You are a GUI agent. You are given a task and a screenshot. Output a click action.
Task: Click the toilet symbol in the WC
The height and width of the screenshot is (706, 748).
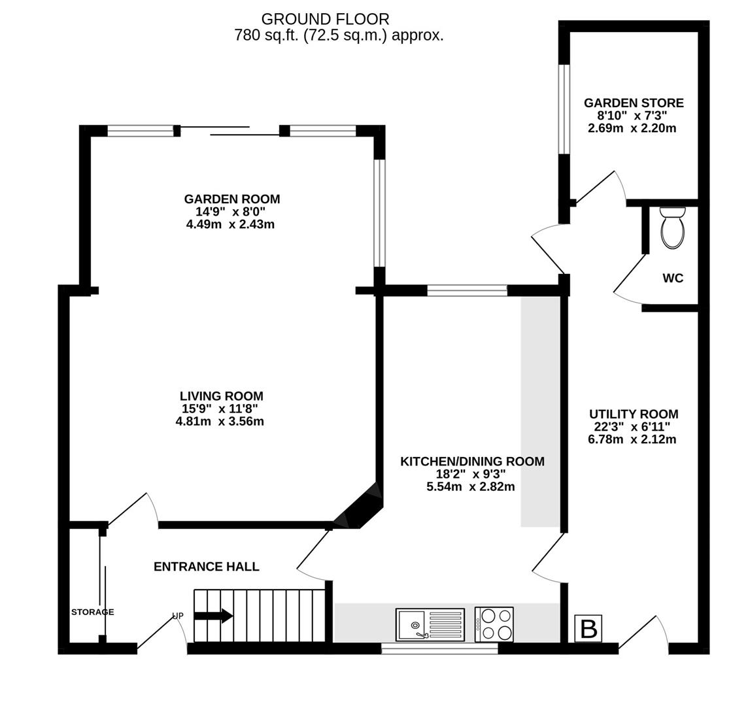point(673,227)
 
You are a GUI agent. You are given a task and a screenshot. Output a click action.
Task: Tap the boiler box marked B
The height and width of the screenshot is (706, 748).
point(588,629)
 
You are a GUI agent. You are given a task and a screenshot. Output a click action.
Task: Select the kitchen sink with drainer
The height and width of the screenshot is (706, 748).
point(430,624)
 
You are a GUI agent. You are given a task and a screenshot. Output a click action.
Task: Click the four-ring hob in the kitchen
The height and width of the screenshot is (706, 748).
point(494,624)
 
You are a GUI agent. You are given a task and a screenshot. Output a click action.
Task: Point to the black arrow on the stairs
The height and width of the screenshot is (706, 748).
point(213,615)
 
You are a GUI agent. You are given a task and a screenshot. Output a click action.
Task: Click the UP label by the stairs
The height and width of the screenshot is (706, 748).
point(177,616)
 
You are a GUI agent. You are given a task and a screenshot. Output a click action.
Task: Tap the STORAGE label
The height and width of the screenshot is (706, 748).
point(93,612)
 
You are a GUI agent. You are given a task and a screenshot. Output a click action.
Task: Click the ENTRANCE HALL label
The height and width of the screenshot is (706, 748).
point(207,567)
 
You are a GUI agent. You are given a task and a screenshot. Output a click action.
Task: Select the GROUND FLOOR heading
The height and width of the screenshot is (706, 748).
point(326,19)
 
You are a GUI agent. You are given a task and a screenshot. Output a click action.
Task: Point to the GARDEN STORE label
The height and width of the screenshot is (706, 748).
point(634,103)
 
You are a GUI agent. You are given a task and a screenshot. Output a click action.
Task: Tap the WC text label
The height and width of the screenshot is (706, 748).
point(673,278)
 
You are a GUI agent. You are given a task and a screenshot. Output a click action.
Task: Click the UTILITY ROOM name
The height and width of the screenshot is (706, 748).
point(634,414)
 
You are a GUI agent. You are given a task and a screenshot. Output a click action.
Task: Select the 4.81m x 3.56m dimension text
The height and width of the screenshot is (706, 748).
point(220,422)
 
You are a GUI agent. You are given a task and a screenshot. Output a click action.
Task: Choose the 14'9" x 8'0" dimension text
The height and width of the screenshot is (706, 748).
point(230,211)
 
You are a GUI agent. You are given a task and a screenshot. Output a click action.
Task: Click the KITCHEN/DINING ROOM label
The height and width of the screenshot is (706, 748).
point(472,462)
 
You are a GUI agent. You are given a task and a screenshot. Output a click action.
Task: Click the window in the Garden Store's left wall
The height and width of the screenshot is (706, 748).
point(564,109)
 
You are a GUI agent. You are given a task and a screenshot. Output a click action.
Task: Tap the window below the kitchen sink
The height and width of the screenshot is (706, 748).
point(439,648)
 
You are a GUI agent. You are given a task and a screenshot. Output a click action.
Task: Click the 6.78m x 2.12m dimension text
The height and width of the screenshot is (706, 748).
point(632,439)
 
